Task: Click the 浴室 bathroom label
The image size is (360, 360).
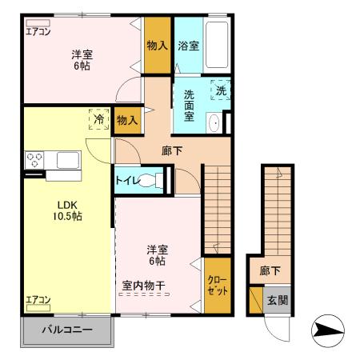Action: point(189,46)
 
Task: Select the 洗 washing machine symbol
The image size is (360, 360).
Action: point(221,90)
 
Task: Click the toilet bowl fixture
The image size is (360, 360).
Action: point(150,179)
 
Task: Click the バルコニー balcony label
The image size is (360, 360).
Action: point(66,330)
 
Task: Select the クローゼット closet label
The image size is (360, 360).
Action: point(216,285)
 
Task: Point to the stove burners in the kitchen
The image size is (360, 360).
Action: point(34,158)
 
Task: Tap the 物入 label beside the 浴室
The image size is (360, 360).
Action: point(156,46)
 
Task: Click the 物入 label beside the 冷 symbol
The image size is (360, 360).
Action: point(126,121)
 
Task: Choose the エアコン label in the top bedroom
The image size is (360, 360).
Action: point(38,32)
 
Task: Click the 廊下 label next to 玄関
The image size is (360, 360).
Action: point(270,271)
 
